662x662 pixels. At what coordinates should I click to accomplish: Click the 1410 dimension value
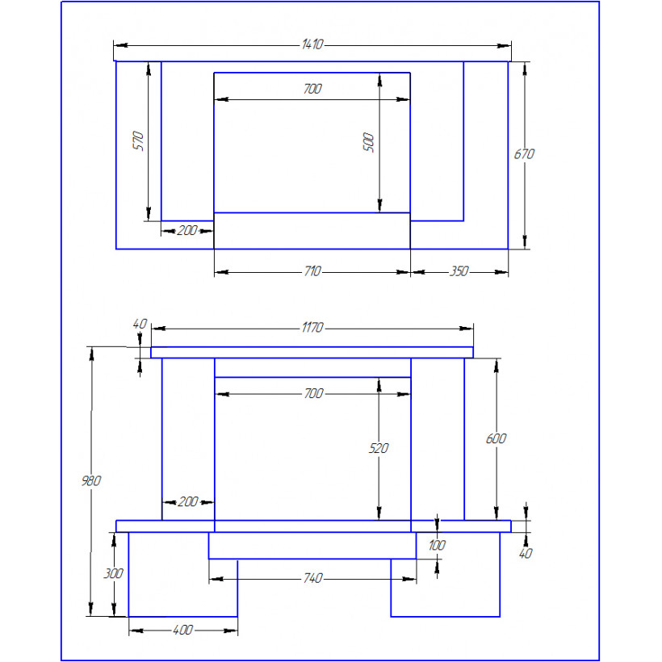pos(312,44)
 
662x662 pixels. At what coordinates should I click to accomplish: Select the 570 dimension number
pos(138,141)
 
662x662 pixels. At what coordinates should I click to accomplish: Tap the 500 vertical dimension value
pos(368,142)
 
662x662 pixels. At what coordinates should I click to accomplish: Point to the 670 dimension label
pos(524,154)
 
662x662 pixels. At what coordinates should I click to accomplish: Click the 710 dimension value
pos(312,271)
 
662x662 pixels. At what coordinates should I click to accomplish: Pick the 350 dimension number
pos(459,271)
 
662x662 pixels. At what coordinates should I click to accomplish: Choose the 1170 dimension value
pos(312,327)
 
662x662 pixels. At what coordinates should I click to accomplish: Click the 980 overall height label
pos(91,480)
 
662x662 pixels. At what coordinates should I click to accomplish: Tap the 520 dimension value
pos(379,448)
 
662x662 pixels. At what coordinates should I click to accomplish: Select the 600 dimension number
pos(496,438)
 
